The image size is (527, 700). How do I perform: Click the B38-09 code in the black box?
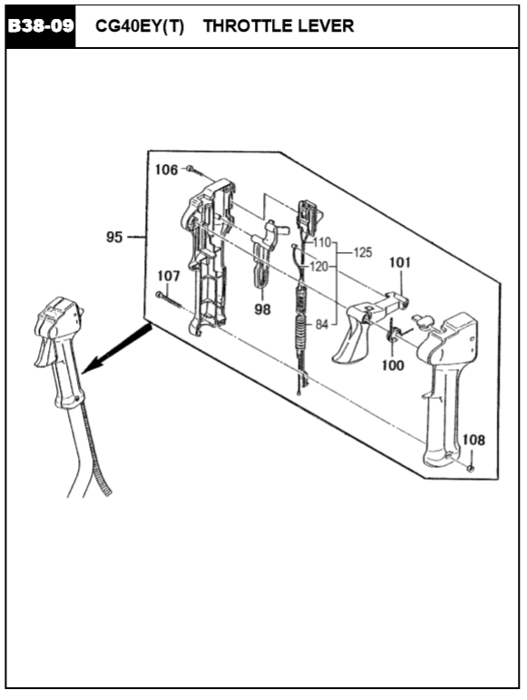[41, 26]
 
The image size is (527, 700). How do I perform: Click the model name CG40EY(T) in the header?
[140, 26]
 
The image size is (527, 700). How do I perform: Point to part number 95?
[114, 237]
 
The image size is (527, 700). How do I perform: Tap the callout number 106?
[166, 170]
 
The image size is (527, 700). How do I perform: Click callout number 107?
[169, 276]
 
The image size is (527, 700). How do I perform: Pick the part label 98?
[263, 308]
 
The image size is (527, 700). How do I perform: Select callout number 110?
[322, 242]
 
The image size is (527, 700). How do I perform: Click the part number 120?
[319, 267]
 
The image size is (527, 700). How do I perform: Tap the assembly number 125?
[363, 252]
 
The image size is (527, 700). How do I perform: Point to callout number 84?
[322, 325]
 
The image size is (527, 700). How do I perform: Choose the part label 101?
[400, 262]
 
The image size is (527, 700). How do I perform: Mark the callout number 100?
[393, 365]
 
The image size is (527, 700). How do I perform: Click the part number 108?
[473, 440]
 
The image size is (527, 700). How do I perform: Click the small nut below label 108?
[470, 468]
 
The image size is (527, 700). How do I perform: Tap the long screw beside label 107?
[170, 299]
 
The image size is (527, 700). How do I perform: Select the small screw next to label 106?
[195, 171]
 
